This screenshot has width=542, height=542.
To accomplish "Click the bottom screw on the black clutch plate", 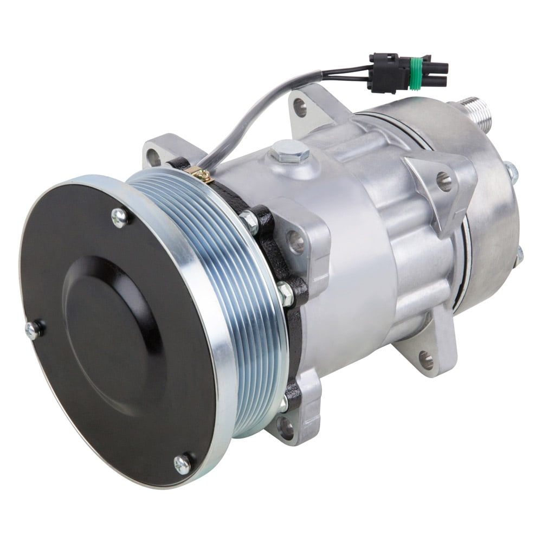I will pos(183,464).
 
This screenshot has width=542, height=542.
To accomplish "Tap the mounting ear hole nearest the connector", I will pos(300,107).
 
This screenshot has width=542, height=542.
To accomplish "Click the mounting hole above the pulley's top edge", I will pos(154,157).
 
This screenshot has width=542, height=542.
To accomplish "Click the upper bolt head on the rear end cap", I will pos(511,172).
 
